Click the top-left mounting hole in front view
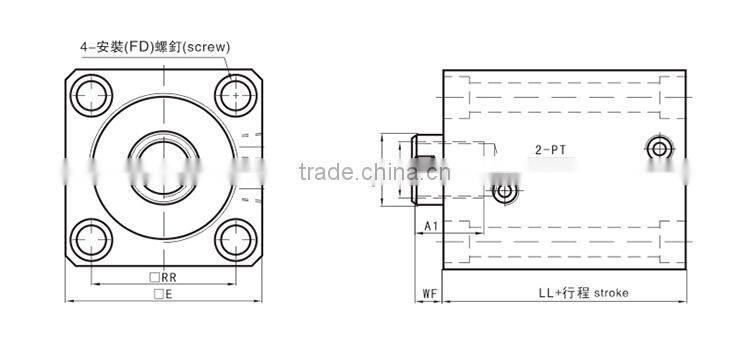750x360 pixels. (91, 95)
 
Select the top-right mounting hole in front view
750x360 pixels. (236, 95)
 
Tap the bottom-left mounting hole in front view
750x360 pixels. (91, 240)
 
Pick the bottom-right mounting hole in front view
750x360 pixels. (236, 240)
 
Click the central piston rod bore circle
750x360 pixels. (164, 167)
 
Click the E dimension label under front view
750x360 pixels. (163, 295)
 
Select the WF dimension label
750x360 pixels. (430, 293)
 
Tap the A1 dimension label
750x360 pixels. (431, 226)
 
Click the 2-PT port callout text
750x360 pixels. (550, 150)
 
